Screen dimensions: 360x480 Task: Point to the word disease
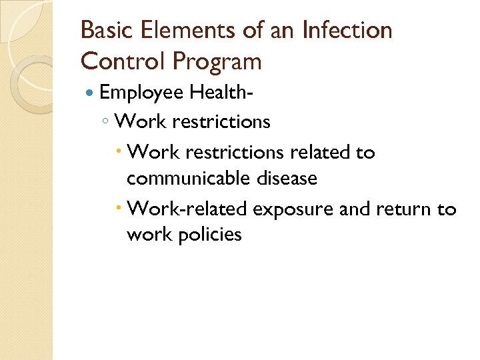pyautogui.click(x=288, y=179)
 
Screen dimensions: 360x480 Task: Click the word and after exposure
pyautogui.click(x=353, y=209)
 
